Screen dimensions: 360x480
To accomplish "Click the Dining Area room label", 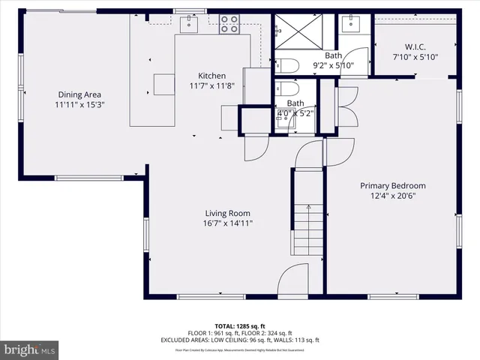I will tap(79, 94).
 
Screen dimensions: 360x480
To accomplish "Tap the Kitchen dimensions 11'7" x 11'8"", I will tap(211, 85).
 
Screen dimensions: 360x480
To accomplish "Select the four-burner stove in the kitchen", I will tap(229, 25).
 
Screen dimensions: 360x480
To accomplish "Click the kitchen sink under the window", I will tap(188, 23).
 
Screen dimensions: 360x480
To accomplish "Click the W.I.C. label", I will tap(415, 46).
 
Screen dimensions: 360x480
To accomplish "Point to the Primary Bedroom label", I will tap(392, 186).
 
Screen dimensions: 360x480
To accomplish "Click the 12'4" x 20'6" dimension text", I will tap(392, 196).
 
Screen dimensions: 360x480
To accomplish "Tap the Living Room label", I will tap(227, 213).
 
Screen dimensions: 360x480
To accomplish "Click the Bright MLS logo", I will tap(30, 349).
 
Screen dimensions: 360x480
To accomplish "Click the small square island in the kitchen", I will tap(164, 82).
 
